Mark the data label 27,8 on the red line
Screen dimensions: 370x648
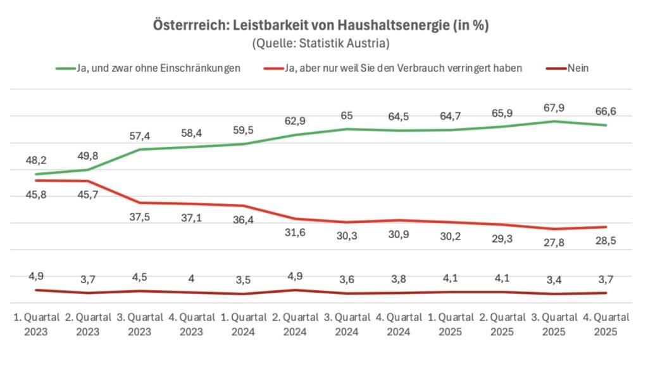click(554, 243)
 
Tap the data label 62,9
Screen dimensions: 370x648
click(296, 120)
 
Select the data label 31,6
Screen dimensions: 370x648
click(296, 233)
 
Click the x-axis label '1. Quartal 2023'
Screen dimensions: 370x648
click(37, 323)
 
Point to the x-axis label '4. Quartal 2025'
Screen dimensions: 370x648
click(606, 323)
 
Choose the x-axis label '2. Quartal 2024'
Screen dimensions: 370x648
click(296, 323)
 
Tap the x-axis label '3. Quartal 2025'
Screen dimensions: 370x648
click(554, 323)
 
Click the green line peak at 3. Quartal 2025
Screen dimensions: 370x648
click(554, 121)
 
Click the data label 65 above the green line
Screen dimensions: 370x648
click(347, 115)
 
